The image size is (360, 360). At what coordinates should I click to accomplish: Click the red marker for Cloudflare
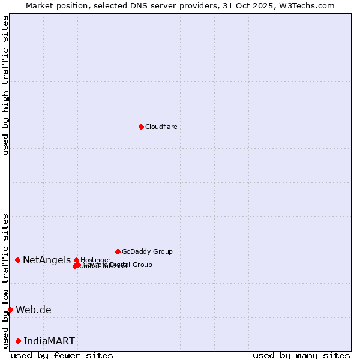tap(141, 127)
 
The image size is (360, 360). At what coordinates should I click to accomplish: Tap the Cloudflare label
tap(161, 127)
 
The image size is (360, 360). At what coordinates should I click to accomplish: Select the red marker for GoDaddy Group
tap(118, 251)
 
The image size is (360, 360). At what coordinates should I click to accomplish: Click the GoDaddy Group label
tap(147, 251)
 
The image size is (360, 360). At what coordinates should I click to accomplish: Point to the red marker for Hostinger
tap(76, 260)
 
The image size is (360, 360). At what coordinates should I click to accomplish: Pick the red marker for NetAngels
tap(18, 260)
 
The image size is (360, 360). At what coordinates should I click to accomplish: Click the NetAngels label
tap(47, 260)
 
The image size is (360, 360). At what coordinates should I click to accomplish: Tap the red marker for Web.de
tap(10, 310)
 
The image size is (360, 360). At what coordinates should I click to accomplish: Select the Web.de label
tap(34, 310)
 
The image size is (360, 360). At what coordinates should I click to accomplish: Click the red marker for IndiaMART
tap(18, 341)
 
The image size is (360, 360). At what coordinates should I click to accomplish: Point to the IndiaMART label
tap(49, 341)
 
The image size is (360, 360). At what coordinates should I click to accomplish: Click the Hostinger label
tap(95, 260)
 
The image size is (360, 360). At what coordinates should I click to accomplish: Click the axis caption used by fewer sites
tap(62, 355)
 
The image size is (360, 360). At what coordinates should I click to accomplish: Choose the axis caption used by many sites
tap(301, 355)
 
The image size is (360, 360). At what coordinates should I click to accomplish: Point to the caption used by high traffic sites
tap(5, 85)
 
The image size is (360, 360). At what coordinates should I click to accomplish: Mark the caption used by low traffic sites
tap(5, 280)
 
